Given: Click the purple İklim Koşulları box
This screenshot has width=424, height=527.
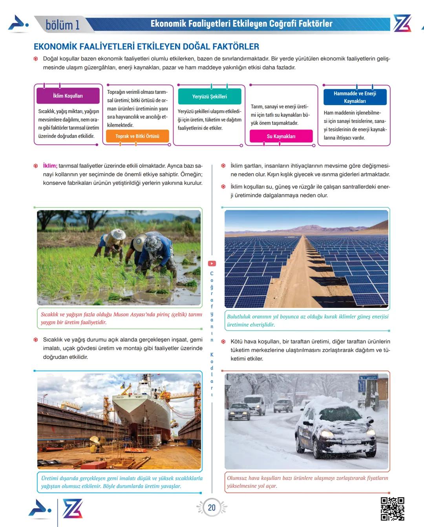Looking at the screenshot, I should [68, 96].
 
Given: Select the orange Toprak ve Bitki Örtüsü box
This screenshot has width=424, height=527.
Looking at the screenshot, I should [137, 136].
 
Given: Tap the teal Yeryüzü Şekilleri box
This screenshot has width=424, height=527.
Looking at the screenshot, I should [209, 96].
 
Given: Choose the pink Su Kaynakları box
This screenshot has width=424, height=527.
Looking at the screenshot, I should [281, 136].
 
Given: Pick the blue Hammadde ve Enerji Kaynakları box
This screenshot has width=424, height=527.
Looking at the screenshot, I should [355, 97].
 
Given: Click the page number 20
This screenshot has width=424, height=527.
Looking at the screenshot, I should [212, 507].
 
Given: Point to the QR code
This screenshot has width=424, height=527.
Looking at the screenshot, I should [392, 509].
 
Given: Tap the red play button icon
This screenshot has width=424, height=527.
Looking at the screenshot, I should [212, 264].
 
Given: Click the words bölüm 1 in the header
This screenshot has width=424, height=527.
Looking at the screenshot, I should [63, 25].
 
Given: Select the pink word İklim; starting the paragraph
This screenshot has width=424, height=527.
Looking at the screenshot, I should [50, 166].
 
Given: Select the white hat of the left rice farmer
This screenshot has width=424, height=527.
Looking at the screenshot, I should [117, 235].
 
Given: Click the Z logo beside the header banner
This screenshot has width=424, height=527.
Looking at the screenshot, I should [402, 24].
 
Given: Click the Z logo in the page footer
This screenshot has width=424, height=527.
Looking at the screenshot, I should [73, 509].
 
